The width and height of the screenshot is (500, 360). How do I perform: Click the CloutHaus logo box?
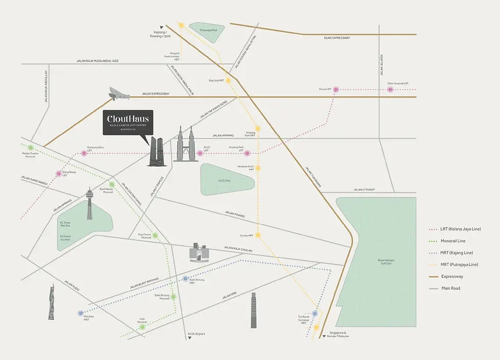click(128, 123)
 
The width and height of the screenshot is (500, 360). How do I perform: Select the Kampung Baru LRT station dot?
click(84, 153)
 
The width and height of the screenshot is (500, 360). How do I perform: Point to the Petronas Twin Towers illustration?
click(185, 145)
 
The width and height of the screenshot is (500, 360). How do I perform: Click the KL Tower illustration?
click(90, 204)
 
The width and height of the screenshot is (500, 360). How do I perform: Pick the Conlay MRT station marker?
click(258, 235)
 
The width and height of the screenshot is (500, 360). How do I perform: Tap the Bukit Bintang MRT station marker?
click(186, 279)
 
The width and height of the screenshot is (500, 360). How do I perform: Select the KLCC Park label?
click(226, 181)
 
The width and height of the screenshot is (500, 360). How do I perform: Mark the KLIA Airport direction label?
click(196, 334)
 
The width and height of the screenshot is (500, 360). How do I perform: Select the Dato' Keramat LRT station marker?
click(390, 89)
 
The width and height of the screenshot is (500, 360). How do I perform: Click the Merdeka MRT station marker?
click(81, 313)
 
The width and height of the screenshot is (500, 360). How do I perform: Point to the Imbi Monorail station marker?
click(143, 327)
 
